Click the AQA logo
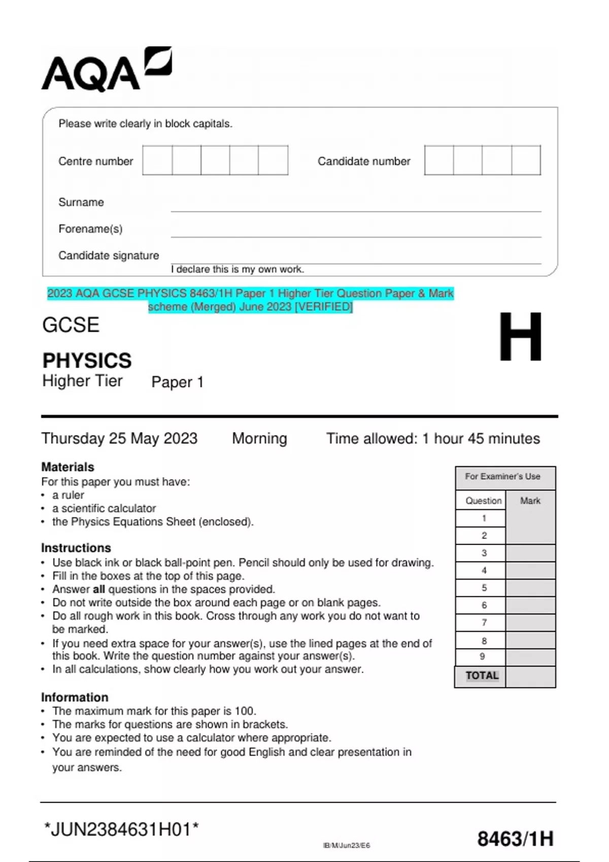click(x=107, y=69)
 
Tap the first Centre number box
click(x=157, y=160)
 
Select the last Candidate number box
click(x=526, y=160)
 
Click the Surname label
click(x=81, y=202)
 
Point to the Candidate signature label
click(x=109, y=256)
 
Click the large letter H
click(x=520, y=337)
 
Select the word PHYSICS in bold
click(x=87, y=361)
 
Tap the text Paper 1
click(x=177, y=382)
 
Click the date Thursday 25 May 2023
click(x=119, y=439)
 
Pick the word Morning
click(x=259, y=439)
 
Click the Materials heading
click(x=67, y=467)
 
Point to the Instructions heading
click(x=76, y=548)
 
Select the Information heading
click(x=75, y=697)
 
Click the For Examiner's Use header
click(x=502, y=477)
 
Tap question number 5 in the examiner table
click(x=484, y=588)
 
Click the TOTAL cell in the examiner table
click(x=482, y=676)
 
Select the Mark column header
click(x=530, y=501)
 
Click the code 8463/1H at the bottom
click(x=515, y=839)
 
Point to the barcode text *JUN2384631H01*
click(x=121, y=830)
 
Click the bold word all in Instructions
click(x=99, y=589)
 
